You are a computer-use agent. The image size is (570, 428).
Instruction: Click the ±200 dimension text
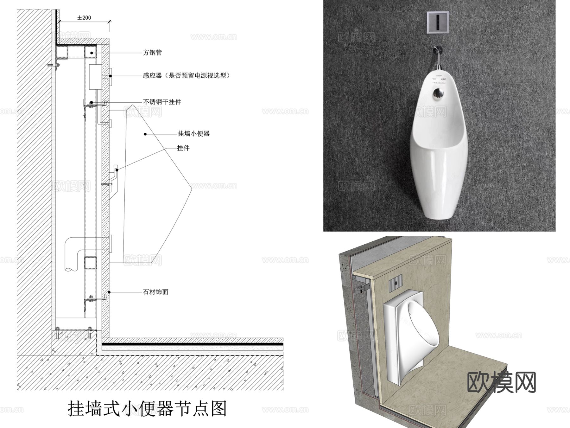point(84,18)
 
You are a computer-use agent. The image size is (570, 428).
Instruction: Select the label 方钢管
point(152,53)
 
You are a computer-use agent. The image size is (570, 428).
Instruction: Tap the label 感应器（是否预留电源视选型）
point(186,76)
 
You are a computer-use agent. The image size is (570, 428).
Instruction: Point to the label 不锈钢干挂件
point(162,102)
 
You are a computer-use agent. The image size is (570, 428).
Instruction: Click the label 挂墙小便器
point(193,134)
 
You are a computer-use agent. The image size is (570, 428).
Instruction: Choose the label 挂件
point(183,148)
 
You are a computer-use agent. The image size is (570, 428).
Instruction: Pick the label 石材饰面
point(155,292)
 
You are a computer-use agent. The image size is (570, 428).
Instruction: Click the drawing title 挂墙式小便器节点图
point(147,408)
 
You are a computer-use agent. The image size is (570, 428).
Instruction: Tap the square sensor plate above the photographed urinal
point(438,22)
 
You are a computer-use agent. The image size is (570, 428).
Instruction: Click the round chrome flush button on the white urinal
point(439,93)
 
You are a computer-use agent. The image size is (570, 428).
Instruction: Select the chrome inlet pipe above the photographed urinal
point(439,57)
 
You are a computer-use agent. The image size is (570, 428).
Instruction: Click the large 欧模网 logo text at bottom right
point(502,382)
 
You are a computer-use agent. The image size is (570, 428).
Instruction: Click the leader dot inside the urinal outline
point(145,134)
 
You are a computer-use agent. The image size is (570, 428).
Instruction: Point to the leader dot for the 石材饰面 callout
point(109,292)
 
